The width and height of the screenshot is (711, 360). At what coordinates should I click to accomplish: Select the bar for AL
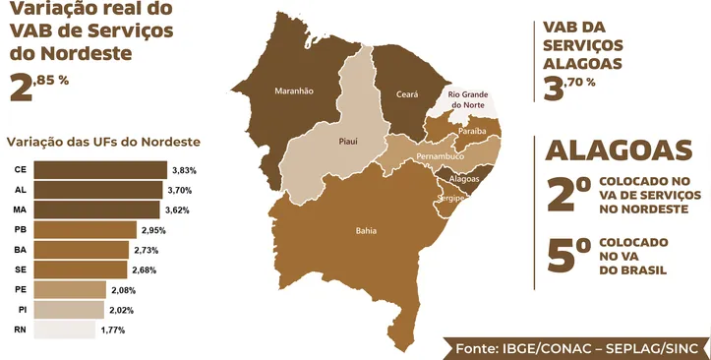99,189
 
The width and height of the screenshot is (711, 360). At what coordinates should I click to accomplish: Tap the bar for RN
66,330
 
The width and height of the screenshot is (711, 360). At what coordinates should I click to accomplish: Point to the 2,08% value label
123,290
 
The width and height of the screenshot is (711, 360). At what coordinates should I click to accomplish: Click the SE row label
20,270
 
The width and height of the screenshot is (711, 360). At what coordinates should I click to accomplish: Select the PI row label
21,310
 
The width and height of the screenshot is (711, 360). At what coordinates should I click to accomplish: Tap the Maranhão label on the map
293,90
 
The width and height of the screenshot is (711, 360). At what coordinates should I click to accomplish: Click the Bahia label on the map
365,232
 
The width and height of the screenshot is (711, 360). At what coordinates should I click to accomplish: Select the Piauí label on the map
347,142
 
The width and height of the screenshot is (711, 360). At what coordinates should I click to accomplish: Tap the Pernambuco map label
439,156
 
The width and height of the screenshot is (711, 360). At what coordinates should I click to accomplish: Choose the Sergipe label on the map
450,197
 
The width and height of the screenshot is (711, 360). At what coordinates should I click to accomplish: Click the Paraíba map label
472,130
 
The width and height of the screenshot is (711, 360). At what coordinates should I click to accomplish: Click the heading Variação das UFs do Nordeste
103,141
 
